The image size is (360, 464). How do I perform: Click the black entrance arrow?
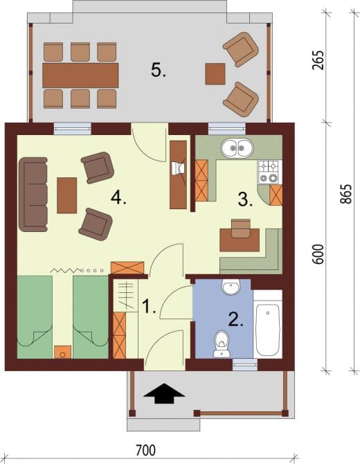[164, 393]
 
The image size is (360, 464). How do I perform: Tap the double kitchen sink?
[237, 148]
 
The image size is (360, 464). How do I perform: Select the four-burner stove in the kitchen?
[269, 172]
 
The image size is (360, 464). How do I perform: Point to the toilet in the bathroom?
[222, 344]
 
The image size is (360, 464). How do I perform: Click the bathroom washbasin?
[231, 287]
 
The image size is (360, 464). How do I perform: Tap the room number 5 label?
[159, 71]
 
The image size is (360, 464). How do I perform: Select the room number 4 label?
[118, 197]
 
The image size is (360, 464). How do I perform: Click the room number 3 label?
[246, 199]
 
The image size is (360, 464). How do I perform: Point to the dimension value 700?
[145, 450]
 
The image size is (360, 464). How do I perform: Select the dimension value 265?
[318, 60]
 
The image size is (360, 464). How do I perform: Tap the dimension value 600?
[318, 254]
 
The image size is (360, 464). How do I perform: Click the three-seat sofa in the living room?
[33, 194]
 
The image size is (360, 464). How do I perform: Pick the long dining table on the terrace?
[80, 75]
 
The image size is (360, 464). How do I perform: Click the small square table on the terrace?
[215, 74]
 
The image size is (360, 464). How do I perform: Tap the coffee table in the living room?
[67, 195]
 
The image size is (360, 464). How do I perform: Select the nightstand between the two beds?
[62, 352]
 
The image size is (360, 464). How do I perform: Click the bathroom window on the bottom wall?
[245, 364]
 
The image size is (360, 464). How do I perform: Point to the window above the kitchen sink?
[227, 129]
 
